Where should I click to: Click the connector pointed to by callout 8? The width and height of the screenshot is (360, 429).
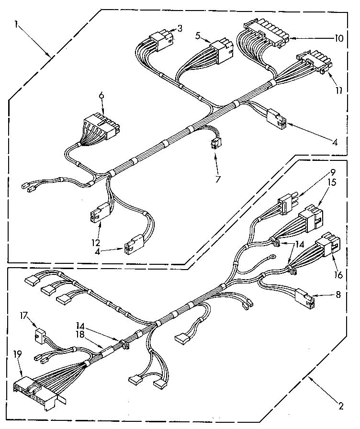304,297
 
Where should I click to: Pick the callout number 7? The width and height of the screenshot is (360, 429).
218,179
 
